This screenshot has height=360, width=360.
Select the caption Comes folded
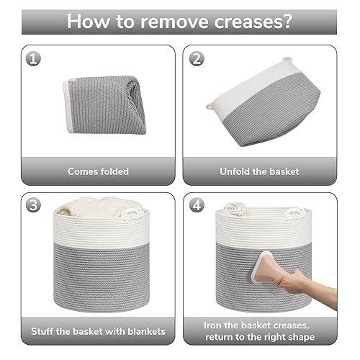(x=98, y=171)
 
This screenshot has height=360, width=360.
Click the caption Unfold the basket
(x=260, y=171)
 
